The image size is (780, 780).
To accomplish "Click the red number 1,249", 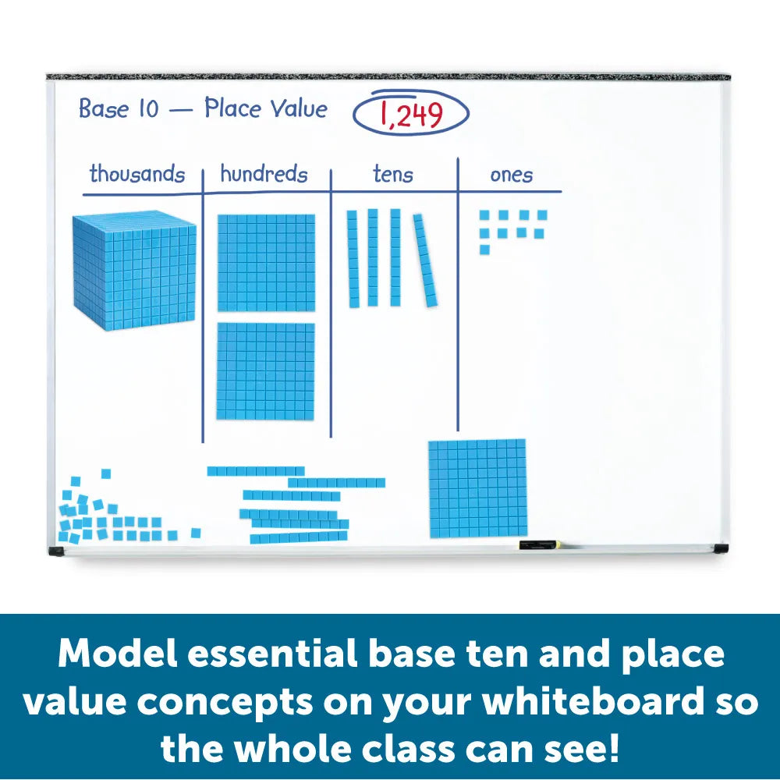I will click(x=411, y=115).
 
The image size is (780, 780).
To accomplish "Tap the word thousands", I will click(x=137, y=173).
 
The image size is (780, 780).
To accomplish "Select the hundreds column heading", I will click(x=264, y=174).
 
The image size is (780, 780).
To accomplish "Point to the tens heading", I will click(x=392, y=175).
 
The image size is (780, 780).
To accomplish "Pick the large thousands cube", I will click(x=134, y=270).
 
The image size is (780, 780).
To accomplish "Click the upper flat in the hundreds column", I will click(x=266, y=262).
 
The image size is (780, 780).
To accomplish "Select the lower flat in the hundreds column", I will click(x=266, y=371).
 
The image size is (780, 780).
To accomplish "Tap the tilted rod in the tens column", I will click(x=425, y=260).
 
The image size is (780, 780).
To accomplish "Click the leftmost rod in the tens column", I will click(x=353, y=257).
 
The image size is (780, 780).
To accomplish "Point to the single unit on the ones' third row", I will click(x=484, y=250).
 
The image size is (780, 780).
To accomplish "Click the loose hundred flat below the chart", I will click(x=477, y=488).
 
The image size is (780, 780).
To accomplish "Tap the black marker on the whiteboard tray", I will click(x=537, y=543).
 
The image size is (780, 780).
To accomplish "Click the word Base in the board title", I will click(x=104, y=109).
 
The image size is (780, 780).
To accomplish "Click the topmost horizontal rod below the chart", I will click(x=256, y=470).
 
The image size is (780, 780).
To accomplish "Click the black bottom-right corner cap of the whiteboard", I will click(x=720, y=548).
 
